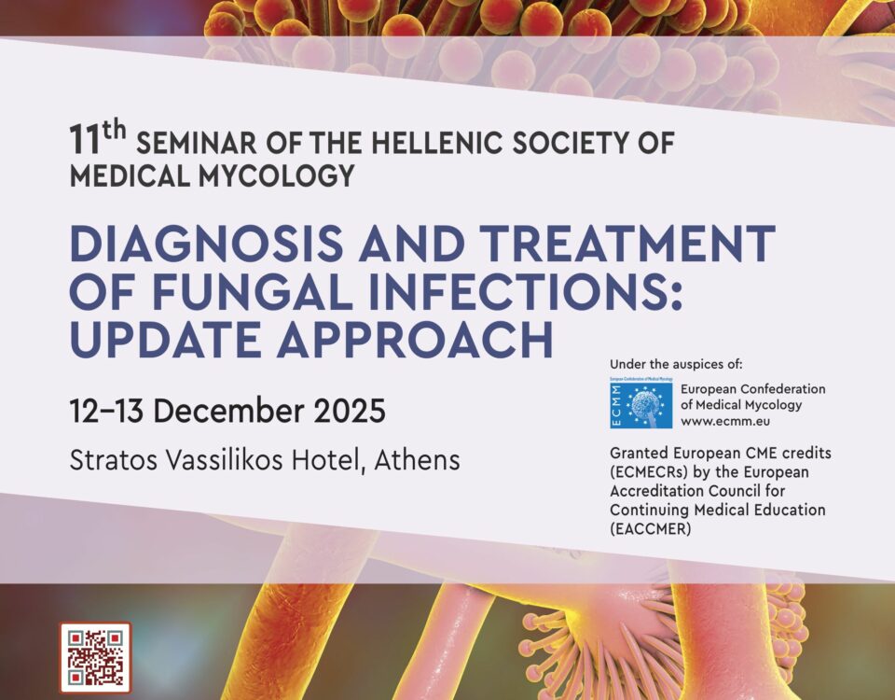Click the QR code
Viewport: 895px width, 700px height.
[x=95, y=657]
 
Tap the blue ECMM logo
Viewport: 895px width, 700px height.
[x=641, y=403]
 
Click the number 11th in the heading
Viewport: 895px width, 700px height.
[x=98, y=138]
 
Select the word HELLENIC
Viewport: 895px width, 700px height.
[x=436, y=143]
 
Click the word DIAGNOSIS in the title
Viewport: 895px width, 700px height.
[x=206, y=244]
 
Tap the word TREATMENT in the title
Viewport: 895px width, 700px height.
[x=627, y=244]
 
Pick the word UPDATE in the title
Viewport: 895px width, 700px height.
[x=166, y=340]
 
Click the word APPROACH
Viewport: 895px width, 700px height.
[x=415, y=340]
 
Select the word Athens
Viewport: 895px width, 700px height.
[x=418, y=460]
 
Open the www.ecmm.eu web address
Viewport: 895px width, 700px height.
[x=725, y=422]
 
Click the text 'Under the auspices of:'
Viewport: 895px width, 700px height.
[x=677, y=364]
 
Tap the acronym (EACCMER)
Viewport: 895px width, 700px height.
[x=650, y=529]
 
